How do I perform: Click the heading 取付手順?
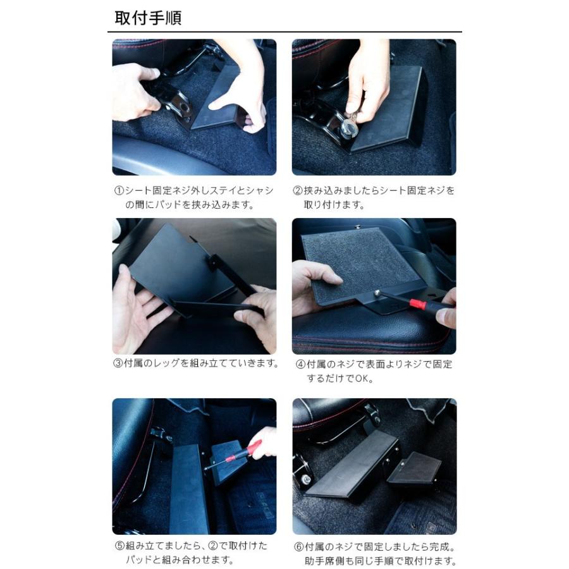tap(148, 18)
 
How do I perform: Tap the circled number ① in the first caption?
tap(119, 190)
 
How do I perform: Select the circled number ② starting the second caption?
tap(297, 190)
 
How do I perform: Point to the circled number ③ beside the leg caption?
tap(118, 364)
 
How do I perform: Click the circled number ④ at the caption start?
tap(300, 364)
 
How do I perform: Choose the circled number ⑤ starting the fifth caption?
tap(119, 546)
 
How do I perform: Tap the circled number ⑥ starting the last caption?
tap(298, 546)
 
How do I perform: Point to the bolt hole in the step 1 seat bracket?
tap(185, 107)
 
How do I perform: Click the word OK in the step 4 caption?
tap(362, 379)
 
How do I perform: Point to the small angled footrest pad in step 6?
tap(415, 467)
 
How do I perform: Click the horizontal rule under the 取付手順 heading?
tap(285, 32)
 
